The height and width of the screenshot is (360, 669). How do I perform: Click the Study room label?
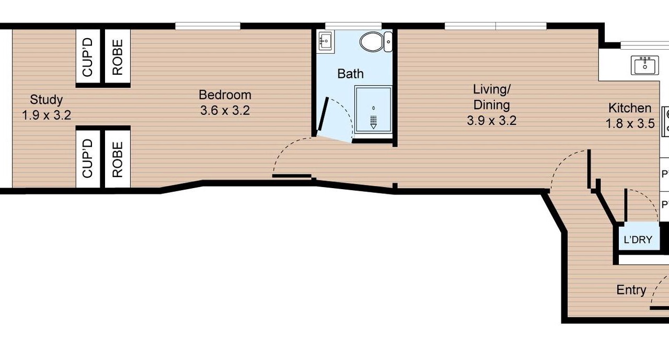[x=47, y=99]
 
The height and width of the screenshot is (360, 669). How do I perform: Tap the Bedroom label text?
[x=225, y=95]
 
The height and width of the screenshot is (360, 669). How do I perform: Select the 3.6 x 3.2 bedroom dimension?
[x=225, y=110]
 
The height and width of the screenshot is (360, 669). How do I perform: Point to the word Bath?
[x=350, y=74]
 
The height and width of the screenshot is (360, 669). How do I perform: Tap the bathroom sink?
[x=326, y=41]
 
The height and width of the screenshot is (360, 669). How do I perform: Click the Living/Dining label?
[x=492, y=97]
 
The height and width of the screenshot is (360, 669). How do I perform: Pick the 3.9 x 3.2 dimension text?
[x=492, y=121]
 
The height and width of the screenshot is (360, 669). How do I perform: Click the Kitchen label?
[x=630, y=108]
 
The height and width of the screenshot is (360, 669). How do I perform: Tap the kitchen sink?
[x=644, y=65]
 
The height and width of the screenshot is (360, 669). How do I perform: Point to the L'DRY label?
[x=638, y=239]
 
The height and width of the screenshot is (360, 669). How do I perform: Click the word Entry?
[x=631, y=290]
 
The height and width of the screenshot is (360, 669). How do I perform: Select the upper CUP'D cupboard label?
[x=88, y=57]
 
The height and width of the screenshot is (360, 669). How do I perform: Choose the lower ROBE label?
[x=118, y=160]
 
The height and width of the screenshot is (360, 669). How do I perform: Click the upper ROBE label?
[x=118, y=57]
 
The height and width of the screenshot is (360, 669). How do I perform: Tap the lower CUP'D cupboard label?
[x=88, y=158]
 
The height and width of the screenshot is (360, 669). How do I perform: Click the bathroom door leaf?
[x=323, y=114]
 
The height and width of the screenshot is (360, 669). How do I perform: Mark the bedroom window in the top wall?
[x=207, y=26]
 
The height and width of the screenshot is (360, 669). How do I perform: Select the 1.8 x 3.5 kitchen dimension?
[x=630, y=124]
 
